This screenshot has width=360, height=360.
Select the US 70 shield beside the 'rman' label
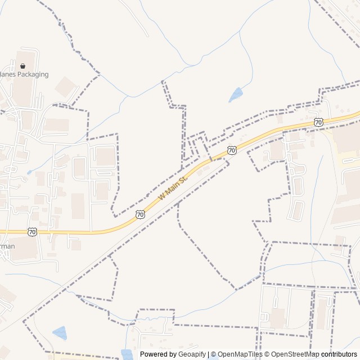[x=33, y=232]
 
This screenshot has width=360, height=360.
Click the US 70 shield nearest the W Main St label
[x=140, y=214]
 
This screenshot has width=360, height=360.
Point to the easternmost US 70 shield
[x=319, y=122]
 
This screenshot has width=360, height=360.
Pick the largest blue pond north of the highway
[x=236, y=95]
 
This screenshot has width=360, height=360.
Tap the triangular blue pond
[x=59, y=333]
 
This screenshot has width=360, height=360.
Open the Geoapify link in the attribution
[x=193, y=354]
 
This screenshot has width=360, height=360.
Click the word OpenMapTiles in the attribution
[x=240, y=354]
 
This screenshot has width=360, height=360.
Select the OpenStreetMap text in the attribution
[x=295, y=354]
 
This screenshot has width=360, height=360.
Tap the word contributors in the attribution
[x=339, y=354]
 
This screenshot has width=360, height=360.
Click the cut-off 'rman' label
[x=7, y=246]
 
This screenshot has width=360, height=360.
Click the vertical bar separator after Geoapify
[x=209, y=354]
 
